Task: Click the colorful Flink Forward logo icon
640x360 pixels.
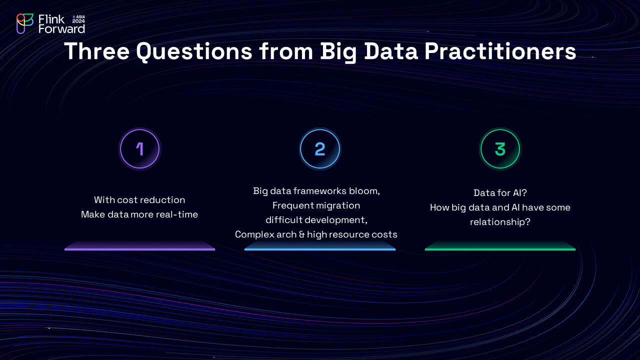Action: [x=25, y=23]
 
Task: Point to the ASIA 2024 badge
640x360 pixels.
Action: [x=78, y=19]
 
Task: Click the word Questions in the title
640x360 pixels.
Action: [x=194, y=51]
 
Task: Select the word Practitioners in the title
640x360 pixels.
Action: [x=500, y=51]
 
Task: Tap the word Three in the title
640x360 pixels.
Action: [x=97, y=51]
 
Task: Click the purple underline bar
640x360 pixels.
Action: [x=139, y=249]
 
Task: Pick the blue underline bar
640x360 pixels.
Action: [x=320, y=249]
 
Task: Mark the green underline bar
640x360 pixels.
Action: [x=500, y=249]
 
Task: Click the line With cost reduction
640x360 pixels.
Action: [x=139, y=200]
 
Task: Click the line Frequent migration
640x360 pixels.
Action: [x=316, y=205]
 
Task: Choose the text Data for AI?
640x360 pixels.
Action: [x=500, y=193]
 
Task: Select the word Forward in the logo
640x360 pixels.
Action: [x=61, y=29]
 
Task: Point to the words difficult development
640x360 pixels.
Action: [x=316, y=220]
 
